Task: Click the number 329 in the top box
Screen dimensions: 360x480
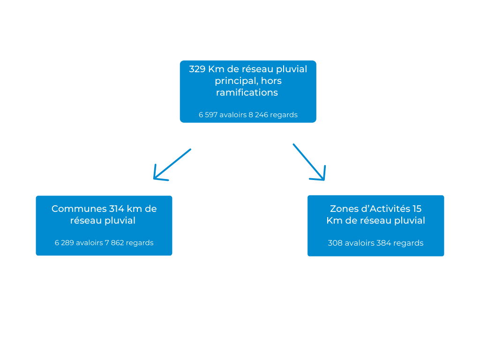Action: tap(197, 69)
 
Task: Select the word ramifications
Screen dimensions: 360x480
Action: tap(247, 93)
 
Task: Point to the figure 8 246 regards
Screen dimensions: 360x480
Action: tap(273, 115)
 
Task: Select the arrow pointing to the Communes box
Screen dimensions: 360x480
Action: tap(172, 165)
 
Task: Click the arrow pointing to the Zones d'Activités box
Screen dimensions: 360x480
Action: tap(309, 162)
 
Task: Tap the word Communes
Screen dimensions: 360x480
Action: tap(79, 209)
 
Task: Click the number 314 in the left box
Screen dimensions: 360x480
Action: tap(117, 209)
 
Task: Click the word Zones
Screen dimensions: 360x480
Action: tap(343, 209)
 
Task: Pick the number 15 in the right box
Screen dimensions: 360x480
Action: tap(417, 209)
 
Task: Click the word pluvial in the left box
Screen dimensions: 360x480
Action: tap(121, 221)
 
